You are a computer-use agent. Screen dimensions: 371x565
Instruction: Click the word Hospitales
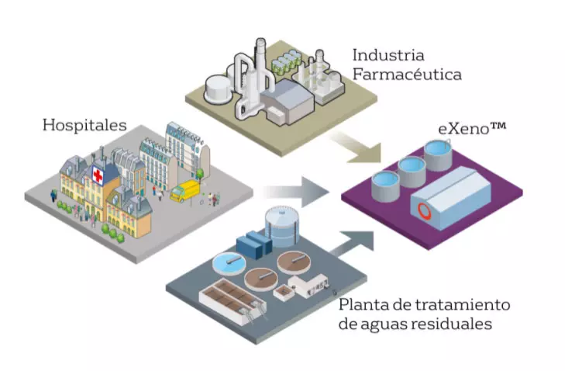pyautogui.click(x=84, y=124)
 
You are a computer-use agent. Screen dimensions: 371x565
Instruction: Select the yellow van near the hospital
pyautogui.click(x=184, y=191)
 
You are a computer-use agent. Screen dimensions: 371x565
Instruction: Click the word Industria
pyautogui.click(x=388, y=56)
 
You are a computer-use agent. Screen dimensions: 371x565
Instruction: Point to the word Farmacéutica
pyautogui.click(x=407, y=75)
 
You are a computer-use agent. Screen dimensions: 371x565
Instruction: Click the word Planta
pyautogui.click(x=363, y=303)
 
